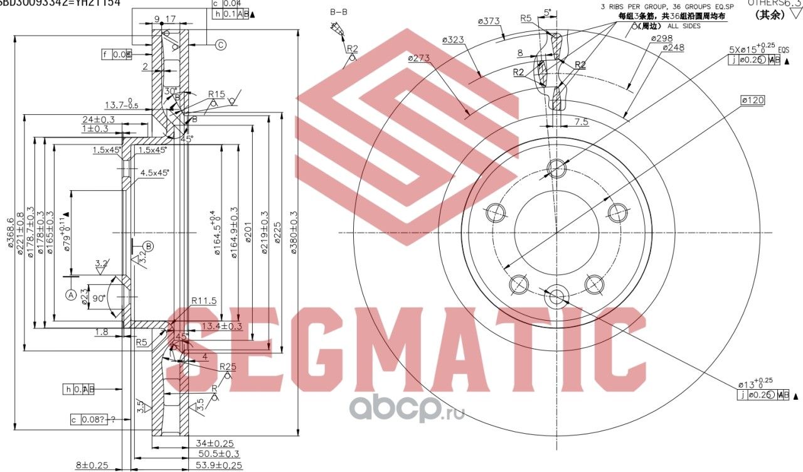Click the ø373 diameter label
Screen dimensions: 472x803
tap(489, 21)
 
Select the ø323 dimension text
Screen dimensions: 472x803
tap(452, 40)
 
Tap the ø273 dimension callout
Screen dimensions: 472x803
tap(418, 58)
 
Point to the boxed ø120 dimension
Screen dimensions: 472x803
tap(752, 100)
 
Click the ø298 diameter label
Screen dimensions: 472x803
tap(661, 38)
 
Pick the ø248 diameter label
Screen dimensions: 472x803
tap(673, 48)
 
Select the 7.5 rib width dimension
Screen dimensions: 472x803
tap(580, 122)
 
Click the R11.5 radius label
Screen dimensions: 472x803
tap(204, 301)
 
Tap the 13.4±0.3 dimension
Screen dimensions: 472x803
tap(222, 326)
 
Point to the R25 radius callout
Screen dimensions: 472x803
tap(228, 367)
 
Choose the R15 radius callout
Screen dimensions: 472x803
tap(216, 94)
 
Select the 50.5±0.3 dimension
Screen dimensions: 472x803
tap(218, 454)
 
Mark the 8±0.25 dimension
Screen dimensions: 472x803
tap(92, 465)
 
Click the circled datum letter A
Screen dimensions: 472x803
tap(70, 293)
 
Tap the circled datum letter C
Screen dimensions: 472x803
tap(221, 45)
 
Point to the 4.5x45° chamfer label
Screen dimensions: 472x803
tap(154, 172)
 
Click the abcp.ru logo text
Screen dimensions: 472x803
tap(406, 410)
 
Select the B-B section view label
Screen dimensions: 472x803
tap(339, 12)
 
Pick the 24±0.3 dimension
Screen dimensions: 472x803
tap(98, 119)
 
